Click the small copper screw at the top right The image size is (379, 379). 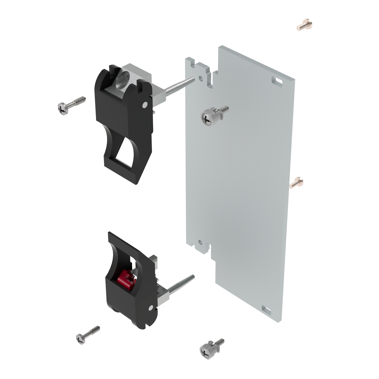(x=302, y=25)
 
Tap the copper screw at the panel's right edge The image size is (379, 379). (x=297, y=183)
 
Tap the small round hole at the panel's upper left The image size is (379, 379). (x=201, y=77)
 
